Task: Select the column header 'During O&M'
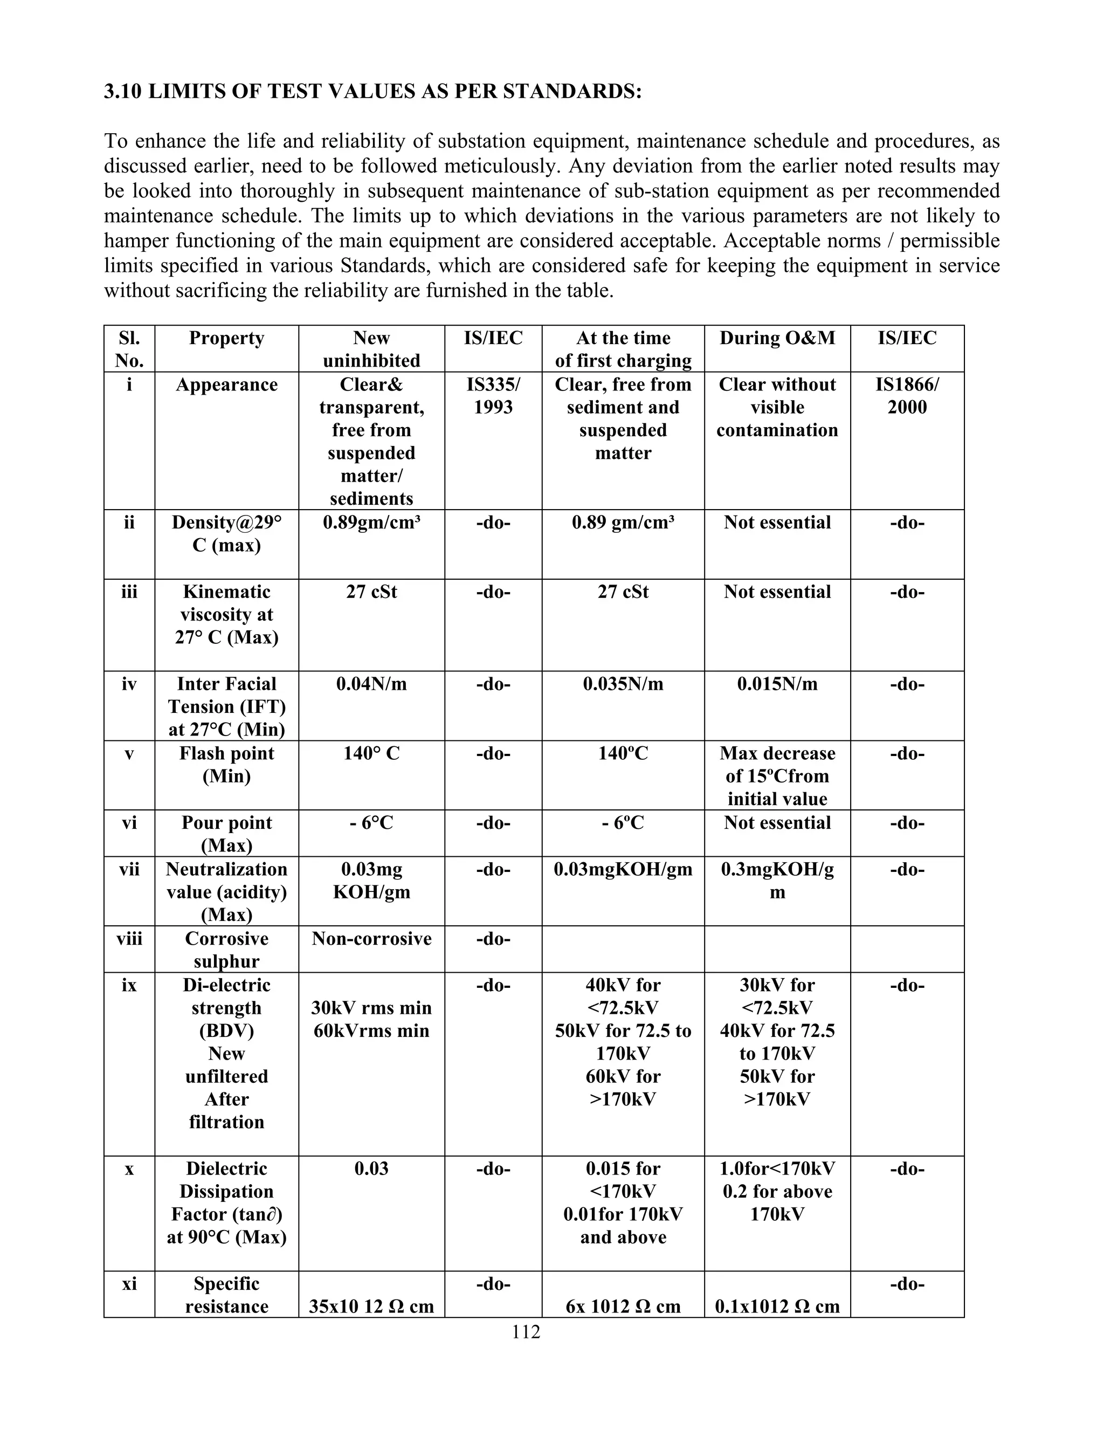777,338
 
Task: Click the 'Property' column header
226,338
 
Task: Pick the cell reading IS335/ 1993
493,396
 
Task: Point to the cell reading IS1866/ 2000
907,396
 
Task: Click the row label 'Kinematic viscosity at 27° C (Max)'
226,614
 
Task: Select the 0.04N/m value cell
371,684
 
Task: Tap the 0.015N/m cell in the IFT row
777,684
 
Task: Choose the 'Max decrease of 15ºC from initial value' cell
777,776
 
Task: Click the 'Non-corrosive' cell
371,939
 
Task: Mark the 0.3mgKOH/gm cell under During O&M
777,881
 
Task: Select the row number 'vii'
129,870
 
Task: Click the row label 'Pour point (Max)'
226,834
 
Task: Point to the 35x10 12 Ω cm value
371,1307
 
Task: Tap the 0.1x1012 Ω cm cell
777,1307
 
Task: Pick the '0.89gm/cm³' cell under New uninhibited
371,523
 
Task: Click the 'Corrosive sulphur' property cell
226,950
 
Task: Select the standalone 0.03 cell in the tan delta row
371,1169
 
